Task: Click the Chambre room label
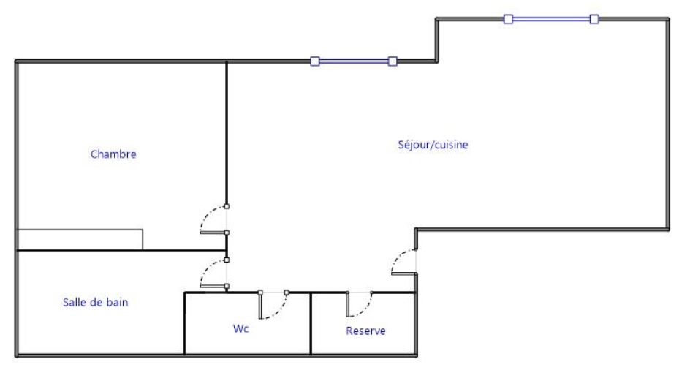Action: [114, 154]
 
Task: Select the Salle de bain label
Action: [96, 302]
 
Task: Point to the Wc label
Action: [241, 328]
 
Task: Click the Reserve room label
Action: [365, 331]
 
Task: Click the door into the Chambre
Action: [213, 220]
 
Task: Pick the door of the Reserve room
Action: [359, 303]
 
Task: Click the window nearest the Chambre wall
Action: [354, 61]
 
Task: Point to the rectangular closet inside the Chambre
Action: [80, 239]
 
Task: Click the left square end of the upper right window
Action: [508, 19]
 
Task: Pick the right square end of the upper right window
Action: [594, 19]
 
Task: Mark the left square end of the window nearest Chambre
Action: [315, 61]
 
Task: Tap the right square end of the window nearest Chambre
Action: [393, 61]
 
